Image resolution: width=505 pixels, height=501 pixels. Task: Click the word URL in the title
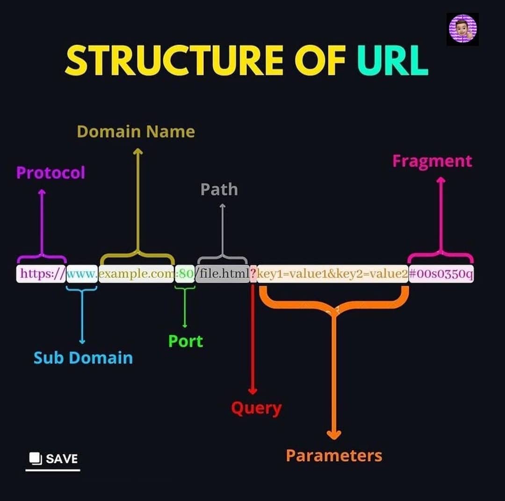pos(393,60)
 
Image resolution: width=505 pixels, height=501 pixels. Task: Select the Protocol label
pos(50,173)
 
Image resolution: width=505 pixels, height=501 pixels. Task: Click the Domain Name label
pos(136,132)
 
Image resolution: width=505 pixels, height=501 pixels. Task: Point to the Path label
pos(219,190)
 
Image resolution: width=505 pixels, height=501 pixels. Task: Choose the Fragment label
pos(432,162)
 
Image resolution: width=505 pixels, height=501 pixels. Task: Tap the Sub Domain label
pos(83,358)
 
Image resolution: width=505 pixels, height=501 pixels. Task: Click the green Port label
pos(186,341)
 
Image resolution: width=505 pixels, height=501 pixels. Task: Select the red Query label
pos(256,409)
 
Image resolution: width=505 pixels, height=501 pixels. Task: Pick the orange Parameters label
pos(334,456)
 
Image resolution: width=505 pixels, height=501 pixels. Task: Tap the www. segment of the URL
pos(82,274)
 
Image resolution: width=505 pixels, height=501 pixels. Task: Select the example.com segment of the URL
pos(136,274)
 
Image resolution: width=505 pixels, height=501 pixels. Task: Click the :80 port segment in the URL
pos(185,274)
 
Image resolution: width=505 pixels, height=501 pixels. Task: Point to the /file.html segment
pos(223,274)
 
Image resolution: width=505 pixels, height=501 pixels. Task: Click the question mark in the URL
pos(253,274)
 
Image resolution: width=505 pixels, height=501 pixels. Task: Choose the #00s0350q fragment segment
pos(441,274)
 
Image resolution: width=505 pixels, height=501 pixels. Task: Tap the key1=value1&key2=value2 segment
pos(333,274)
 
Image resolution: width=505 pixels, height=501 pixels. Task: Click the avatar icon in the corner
pos(462,29)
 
